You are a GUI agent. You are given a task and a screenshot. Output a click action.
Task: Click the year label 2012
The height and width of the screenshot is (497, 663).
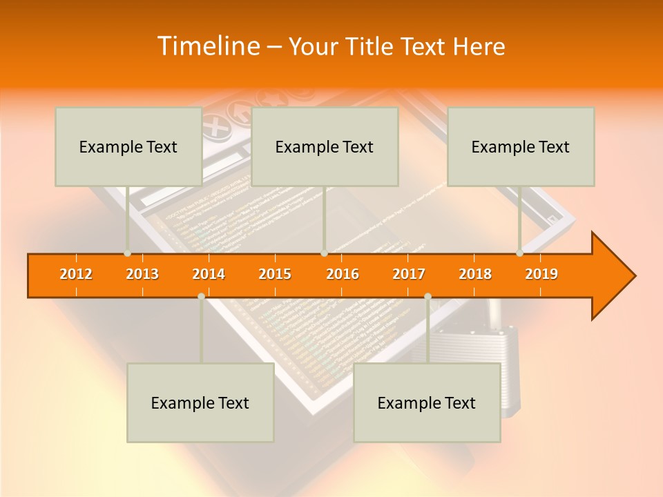(76, 275)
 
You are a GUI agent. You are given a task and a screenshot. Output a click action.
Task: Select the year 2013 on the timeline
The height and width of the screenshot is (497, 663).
(142, 275)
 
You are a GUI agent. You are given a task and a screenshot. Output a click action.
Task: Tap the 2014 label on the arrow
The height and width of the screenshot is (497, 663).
(209, 275)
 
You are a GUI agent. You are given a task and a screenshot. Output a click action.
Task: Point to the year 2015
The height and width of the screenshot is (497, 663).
(275, 275)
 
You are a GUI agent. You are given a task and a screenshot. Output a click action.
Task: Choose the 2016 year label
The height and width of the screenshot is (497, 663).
(343, 275)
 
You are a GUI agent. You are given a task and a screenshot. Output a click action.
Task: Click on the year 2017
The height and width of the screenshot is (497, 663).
(409, 275)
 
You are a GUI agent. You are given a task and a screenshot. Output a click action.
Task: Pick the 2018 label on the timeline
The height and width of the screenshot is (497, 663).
(475, 275)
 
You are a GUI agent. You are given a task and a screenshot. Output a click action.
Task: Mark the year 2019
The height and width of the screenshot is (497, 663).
(541, 275)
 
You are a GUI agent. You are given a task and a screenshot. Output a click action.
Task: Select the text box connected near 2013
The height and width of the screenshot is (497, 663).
(128, 146)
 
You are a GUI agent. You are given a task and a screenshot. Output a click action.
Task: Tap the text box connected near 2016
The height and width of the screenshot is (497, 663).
(325, 146)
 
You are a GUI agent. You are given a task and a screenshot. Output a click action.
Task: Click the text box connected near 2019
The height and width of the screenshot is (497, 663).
(521, 146)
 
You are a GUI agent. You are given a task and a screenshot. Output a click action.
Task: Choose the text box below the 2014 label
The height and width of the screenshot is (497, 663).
(200, 402)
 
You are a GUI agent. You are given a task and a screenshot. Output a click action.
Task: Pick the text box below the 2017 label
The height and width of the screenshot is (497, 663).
(427, 402)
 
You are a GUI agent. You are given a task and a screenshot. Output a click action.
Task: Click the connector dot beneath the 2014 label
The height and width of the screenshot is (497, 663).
(201, 296)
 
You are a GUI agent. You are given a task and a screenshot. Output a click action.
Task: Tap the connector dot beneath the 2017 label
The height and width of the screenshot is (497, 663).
(427, 296)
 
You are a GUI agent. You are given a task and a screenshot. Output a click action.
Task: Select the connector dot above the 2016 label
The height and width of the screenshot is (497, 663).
(324, 253)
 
